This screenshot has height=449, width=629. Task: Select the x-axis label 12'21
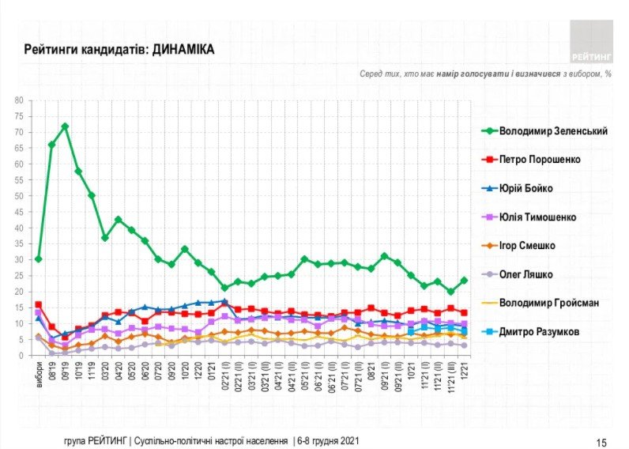[x=463, y=369]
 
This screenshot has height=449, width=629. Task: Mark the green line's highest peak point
[x=65, y=126]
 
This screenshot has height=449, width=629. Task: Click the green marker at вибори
[x=39, y=259]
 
